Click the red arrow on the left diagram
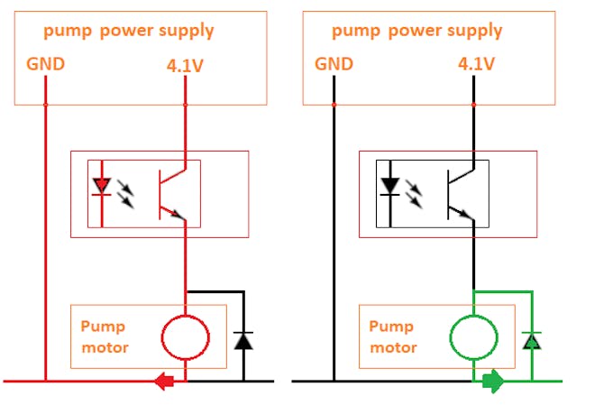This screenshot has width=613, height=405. click(164, 381)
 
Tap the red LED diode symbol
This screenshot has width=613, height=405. click(102, 187)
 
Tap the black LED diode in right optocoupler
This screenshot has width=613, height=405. click(389, 187)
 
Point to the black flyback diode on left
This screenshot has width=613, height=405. click(242, 340)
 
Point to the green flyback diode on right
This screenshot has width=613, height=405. click(531, 340)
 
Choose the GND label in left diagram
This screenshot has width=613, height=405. click(45, 64)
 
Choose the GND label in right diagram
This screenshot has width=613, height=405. click(334, 64)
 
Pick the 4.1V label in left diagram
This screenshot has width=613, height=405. click(186, 65)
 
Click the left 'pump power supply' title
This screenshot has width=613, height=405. click(129, 31)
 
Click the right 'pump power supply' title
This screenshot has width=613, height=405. click(416, 31)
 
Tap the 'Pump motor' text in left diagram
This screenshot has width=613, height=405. click(104, 336)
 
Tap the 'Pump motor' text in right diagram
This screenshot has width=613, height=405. click(392, 336)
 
